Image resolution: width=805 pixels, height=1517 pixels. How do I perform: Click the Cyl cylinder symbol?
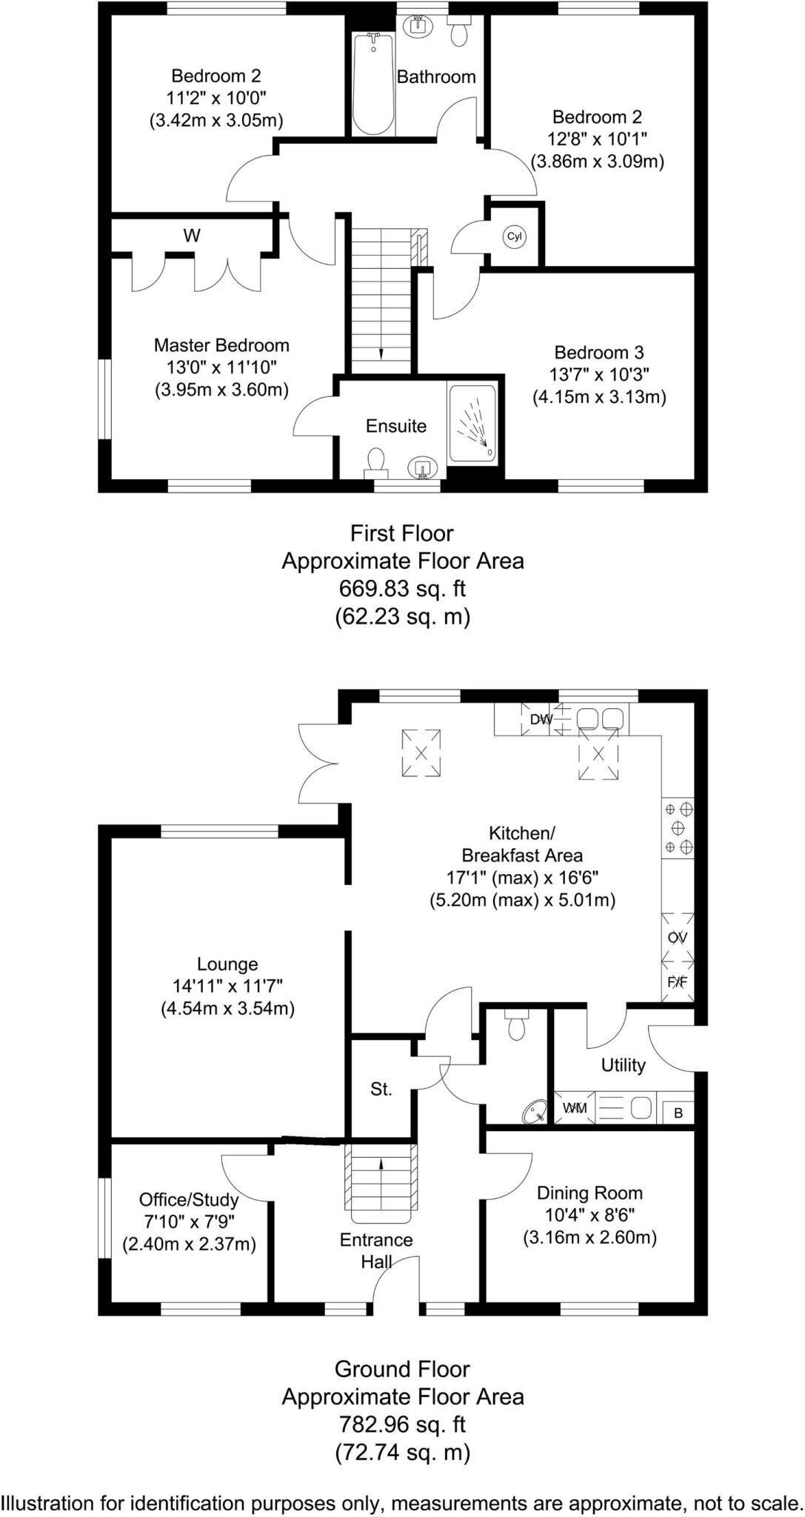[x=514, y=237]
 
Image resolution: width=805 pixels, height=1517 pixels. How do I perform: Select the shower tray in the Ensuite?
[x=472, y=423]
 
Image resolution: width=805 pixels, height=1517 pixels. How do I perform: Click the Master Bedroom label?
[x=221, y=345]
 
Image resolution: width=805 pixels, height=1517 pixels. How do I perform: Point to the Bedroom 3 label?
[x=599, y=353]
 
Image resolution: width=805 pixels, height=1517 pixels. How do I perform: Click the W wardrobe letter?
[x=192, y=236]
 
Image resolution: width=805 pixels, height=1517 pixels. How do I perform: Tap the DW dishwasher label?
[x=541, y=719]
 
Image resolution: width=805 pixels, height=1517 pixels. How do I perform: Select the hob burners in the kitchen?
[x=678, y=827]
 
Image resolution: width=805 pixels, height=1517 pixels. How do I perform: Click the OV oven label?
[x=678, y=937]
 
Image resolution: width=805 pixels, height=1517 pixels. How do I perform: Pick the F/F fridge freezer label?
[x=678, y=982]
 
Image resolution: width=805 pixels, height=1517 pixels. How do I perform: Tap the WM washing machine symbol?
[x=575, y=1108]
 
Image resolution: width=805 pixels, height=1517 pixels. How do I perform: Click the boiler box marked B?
[x=678, y=1113]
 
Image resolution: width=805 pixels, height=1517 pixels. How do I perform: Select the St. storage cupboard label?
[x=381, y=1089]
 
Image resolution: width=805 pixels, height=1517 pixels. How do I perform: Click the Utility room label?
[x=623, y=1065]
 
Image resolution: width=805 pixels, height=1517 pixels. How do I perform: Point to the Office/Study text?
[x=189, y=1200]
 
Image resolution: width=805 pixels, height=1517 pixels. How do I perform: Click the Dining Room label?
[x=589, y=1193]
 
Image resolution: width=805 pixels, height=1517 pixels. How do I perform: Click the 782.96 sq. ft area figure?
[x=402, y=1424]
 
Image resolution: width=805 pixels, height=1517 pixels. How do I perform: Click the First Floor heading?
[x=402, y=533]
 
